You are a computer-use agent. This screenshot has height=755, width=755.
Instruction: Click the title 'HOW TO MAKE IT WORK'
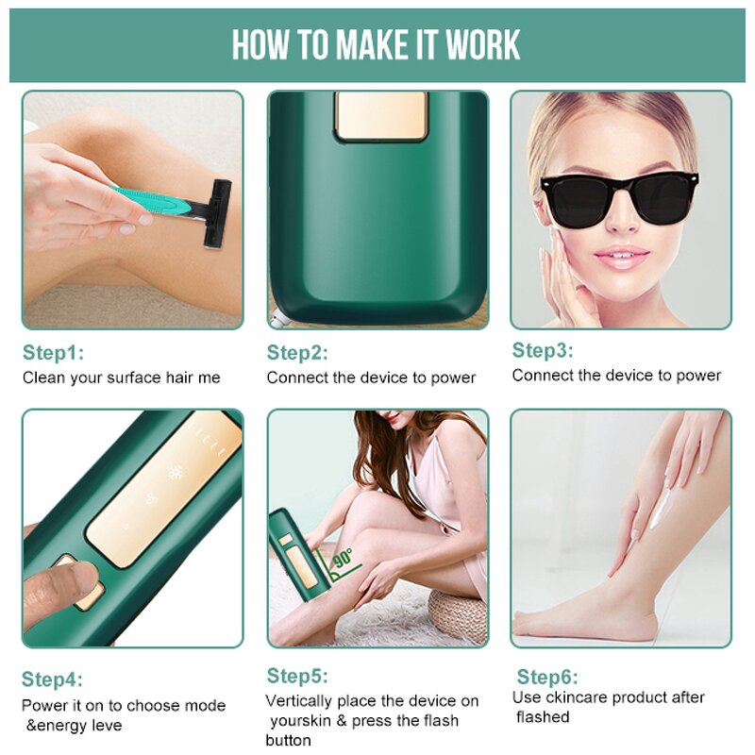pyautogui.click(x=377, y=44)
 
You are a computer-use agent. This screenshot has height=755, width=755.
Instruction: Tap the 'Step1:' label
pyautogui.click(x=53, y=353)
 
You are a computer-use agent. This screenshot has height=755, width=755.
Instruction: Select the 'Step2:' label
pyautogui.click(x=297, y=353)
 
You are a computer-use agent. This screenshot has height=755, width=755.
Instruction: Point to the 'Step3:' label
pyautogui.click(x=543, y=351)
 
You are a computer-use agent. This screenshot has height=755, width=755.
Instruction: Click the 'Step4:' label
pyautogui.click(x=52, y=679)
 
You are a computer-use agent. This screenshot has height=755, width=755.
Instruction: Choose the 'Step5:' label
pyautogui.click(x=297, y=676)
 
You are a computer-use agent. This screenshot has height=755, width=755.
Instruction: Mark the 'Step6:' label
pyautogui.click(x=547, y=678)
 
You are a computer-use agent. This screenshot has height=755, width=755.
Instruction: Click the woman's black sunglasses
pyautogui.click(x=620, y=198)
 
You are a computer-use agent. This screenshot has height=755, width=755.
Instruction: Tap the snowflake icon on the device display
pyautogui.click(x=176, y=472)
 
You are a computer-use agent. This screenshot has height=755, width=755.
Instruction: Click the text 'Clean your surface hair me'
pyautogui.click(x=121, y=377)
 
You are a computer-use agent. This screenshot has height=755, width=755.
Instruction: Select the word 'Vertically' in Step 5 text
pyautogui.click(x=301, y=701)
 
